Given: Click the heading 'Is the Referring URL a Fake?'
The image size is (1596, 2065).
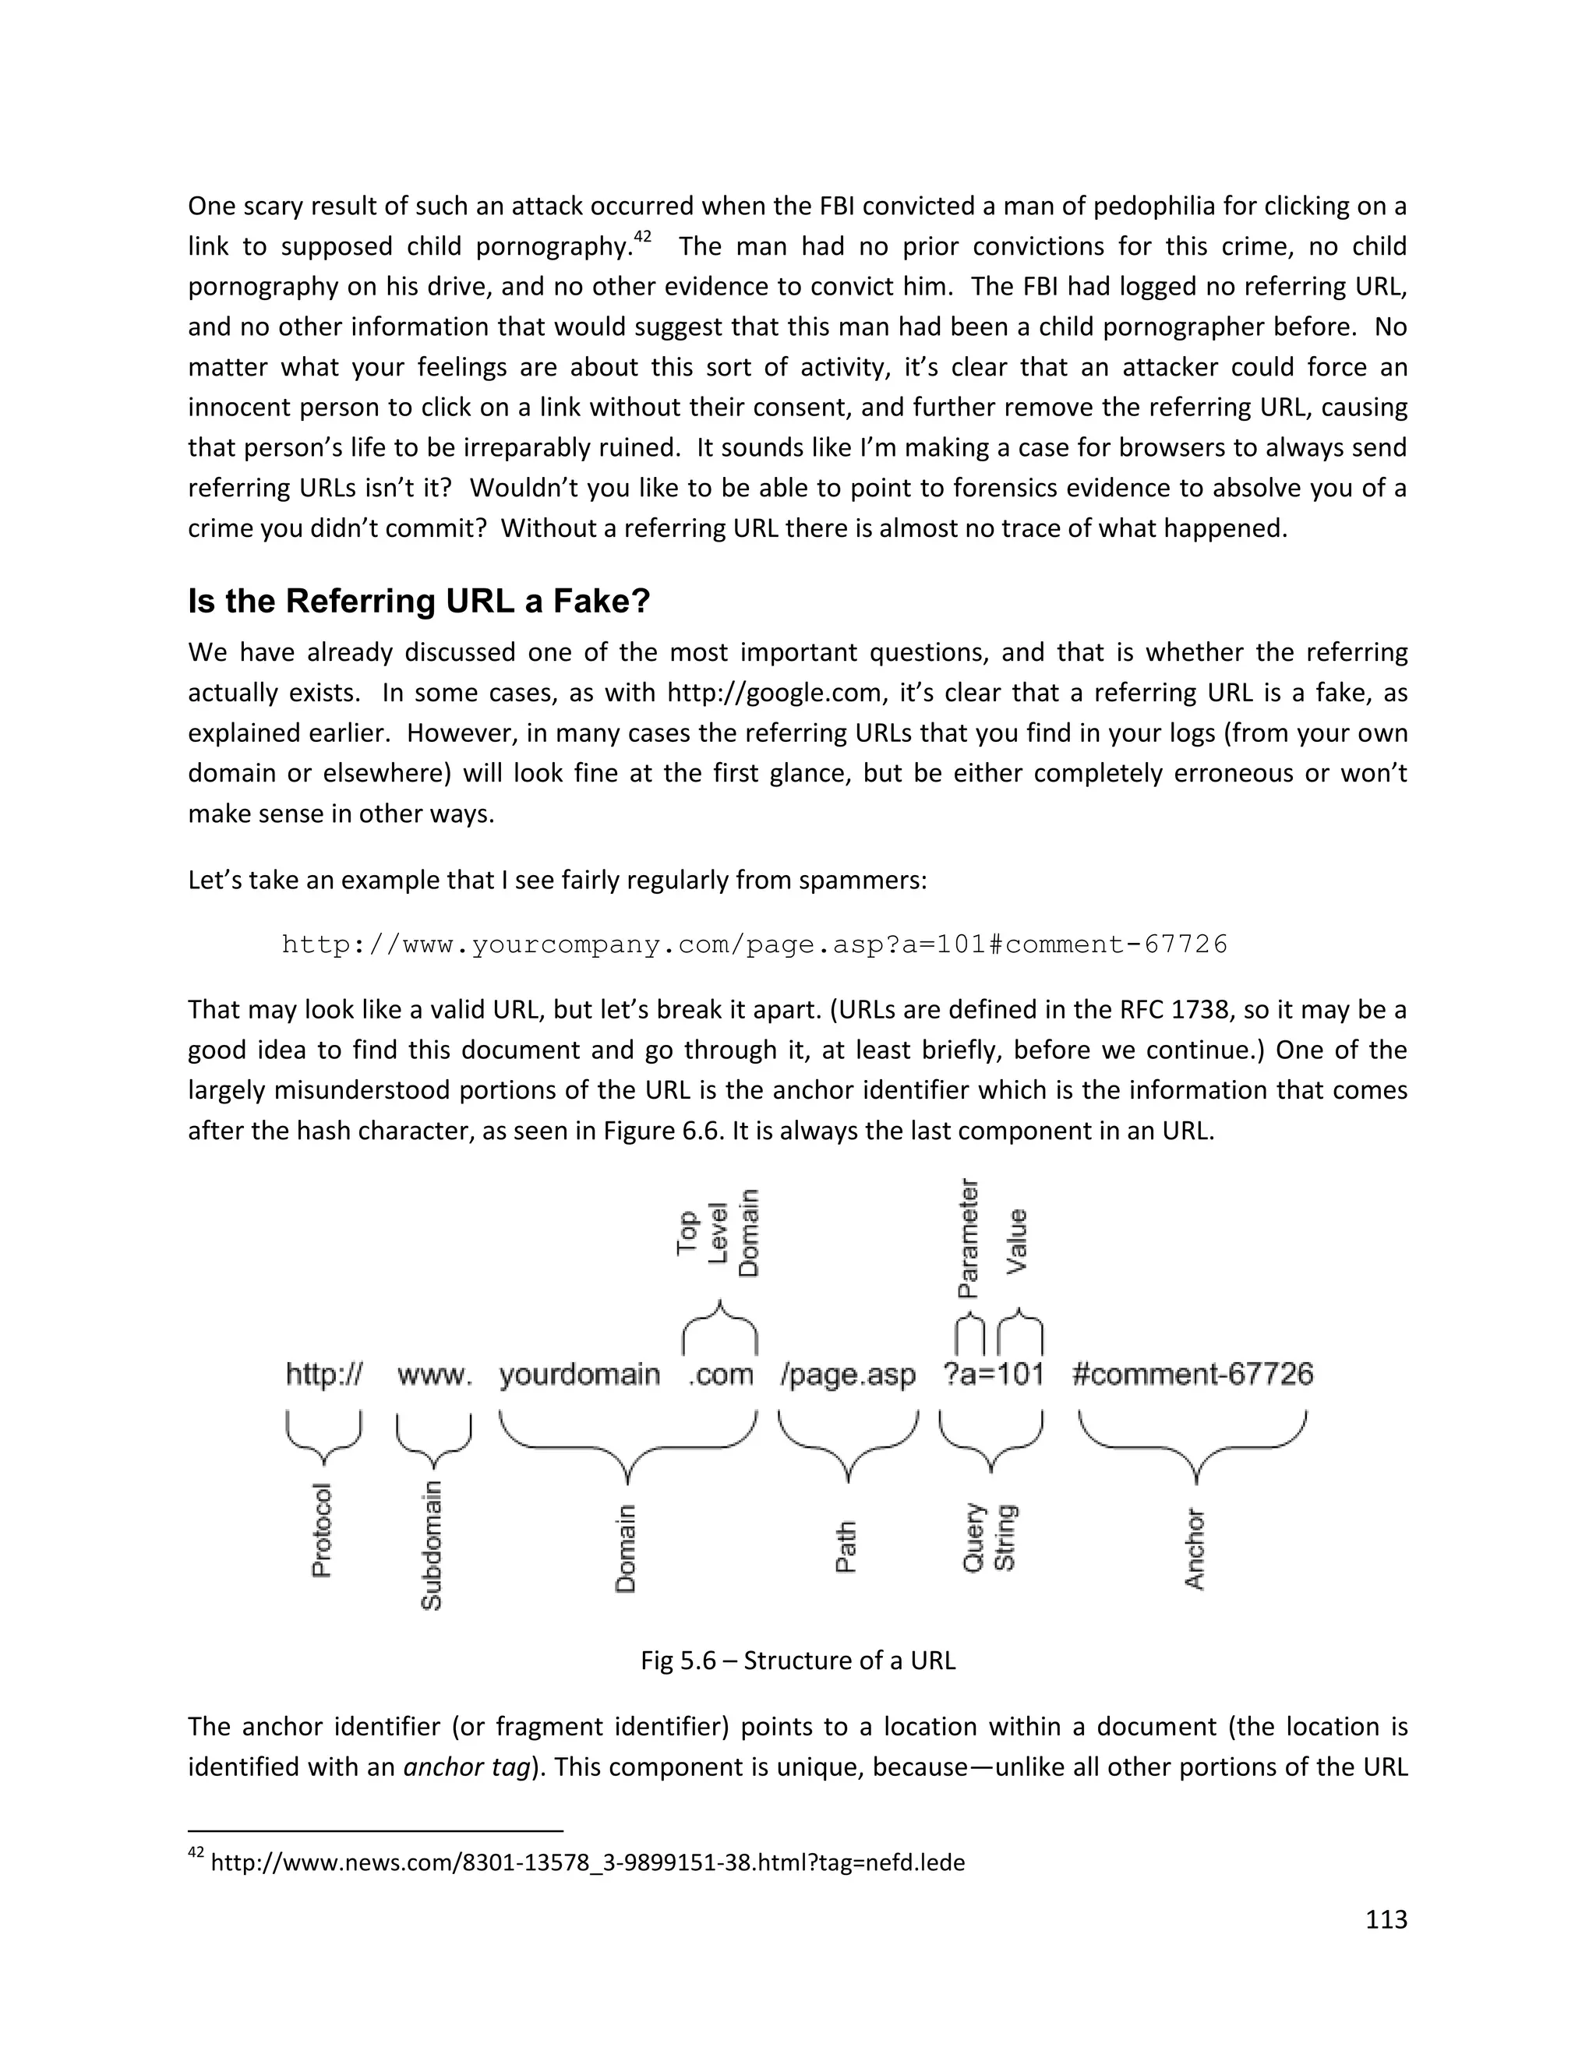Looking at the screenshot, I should (418, 602).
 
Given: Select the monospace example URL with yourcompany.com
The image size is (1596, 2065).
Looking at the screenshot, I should (754, 944).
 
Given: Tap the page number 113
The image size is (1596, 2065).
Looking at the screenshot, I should (1386, 1919).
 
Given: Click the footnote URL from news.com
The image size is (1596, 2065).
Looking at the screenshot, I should (587, 1862).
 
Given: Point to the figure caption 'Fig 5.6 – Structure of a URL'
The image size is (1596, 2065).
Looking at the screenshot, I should (798, 1661).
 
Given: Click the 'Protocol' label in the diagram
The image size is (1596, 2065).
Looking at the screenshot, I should (322, 1530).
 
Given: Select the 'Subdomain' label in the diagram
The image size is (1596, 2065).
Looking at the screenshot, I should (431, 1544).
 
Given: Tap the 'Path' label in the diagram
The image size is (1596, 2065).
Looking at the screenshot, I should (846, 1546).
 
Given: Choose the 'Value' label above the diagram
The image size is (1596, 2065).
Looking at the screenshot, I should (1017, 1241).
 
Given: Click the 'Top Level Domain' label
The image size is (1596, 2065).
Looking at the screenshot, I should (719, 1233).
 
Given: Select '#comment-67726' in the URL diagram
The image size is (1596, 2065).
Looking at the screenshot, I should (1192, 1374).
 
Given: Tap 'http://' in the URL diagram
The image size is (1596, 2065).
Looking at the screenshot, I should (323, 1374).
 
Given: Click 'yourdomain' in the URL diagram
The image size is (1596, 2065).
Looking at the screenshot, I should (579, 1374).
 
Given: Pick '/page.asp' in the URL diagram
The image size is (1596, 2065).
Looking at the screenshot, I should (848, 1374).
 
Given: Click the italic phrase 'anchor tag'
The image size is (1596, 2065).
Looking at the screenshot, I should (466, 1767).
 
